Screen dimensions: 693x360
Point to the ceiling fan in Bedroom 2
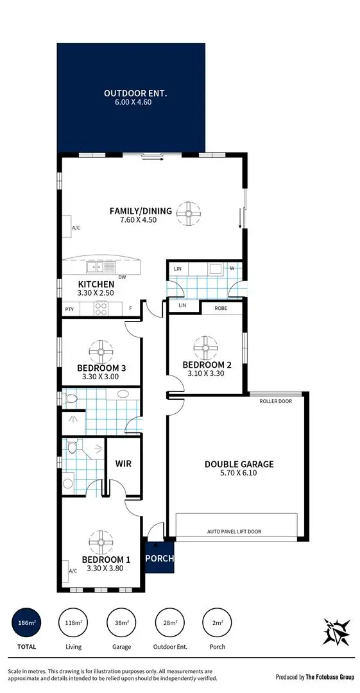206,348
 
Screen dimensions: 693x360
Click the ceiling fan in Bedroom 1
101,542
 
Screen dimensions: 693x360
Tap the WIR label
123,463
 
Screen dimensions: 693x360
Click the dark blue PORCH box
159,558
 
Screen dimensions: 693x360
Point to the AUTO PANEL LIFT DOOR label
234,531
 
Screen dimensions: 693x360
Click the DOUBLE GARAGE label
239,464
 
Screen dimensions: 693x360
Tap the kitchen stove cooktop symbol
101,309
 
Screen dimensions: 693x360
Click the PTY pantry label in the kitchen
69,309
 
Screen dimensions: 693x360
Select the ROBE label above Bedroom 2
221,307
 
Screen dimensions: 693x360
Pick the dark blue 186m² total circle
27,623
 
